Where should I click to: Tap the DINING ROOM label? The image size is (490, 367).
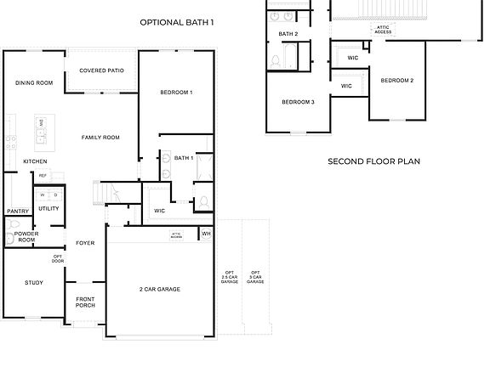tap(34, 82)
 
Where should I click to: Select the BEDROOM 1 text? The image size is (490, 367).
tap(177, 92)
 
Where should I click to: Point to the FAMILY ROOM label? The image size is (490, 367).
tap(100, 137)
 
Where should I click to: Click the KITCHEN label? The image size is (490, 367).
tap(35, 161)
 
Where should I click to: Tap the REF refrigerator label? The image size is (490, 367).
tap(43, 176)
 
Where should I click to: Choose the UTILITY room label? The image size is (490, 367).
tap(48, 208)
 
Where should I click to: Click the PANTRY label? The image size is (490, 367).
tap(18, 212)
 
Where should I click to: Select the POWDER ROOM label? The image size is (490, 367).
tap(26, 236)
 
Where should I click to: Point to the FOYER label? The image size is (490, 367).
tap(85, 243)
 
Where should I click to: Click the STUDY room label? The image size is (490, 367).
tap(34, 283)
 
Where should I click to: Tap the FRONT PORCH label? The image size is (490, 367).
tap(85, 302)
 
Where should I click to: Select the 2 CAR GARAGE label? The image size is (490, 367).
tap(160, 289)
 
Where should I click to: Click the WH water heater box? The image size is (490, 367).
tap(206, 233)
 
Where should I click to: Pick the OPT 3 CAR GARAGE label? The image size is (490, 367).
tap(255, 277)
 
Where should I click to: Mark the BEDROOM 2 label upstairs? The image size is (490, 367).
tap(396, 81)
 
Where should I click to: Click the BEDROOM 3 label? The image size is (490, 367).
tap(299, 102)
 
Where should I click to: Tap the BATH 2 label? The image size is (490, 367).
tap(288, 34)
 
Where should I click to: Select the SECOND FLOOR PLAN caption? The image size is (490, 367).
tap(374, 161)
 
